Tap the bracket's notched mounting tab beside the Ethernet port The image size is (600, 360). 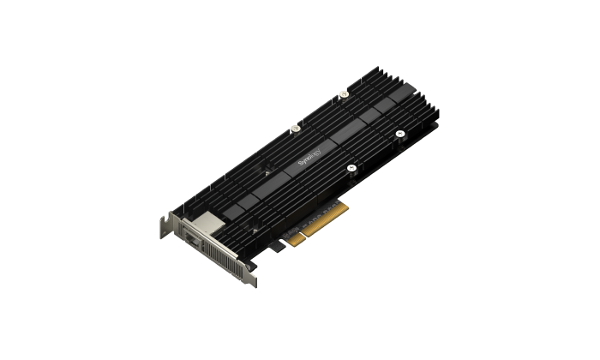pos(165,225)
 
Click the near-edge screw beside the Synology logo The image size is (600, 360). pos(351,168)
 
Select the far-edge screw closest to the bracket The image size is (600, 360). pos(295,129)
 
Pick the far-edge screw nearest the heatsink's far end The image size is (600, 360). pos(344,94)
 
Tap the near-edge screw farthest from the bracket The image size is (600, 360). pos(399,134)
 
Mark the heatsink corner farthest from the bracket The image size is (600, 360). pos(436,111)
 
